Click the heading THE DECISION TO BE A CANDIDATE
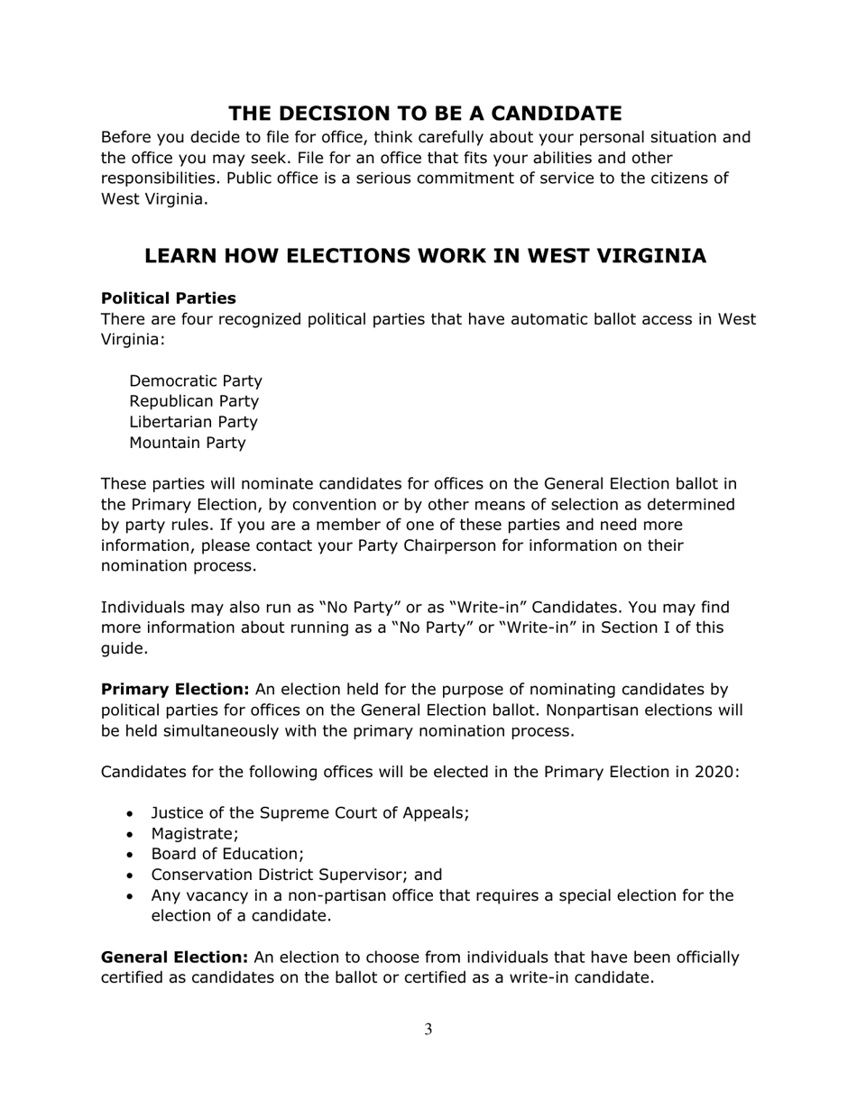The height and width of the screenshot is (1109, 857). [425, 114]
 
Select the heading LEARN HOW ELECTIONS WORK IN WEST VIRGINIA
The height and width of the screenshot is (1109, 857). [425, 256]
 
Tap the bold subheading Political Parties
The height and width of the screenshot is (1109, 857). [168, 298]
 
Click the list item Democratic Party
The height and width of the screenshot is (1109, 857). [196, 380]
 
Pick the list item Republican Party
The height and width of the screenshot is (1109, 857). [194, 401]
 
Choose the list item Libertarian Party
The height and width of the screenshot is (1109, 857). [193, 422]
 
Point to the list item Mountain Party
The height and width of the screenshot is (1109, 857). [187, 443]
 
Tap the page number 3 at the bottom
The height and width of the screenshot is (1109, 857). [428, 1030]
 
